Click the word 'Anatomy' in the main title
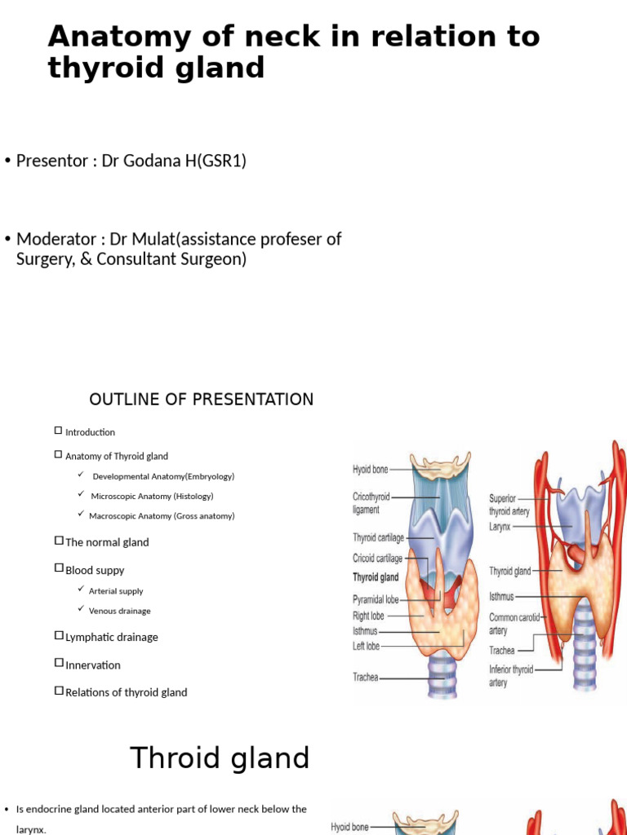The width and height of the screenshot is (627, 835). [109, 38]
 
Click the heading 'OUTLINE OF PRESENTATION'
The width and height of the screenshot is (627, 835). [201, 400]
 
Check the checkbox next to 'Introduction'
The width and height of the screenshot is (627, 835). [58, 431]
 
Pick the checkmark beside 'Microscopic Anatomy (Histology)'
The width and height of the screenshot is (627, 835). [81, 495]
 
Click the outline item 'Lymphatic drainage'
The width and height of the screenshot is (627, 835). [111, 637]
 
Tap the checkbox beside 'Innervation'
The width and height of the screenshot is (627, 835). [58, 664]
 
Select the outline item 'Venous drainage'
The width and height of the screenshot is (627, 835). [119, 611]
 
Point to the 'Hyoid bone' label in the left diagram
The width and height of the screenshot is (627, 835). [370, 470]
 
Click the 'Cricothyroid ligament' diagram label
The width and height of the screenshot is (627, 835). [371, 502]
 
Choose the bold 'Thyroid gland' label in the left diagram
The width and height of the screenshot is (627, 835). [376, 577]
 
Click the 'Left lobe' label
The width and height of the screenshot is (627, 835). [367, 646]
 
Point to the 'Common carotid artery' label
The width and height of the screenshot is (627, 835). [514, 624]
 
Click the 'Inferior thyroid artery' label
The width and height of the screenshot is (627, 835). [511, 676]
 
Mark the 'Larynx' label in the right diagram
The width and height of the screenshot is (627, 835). [500, 527]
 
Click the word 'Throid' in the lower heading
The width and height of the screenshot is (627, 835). [175, 758]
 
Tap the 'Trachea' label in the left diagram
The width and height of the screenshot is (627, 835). [365, 677]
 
